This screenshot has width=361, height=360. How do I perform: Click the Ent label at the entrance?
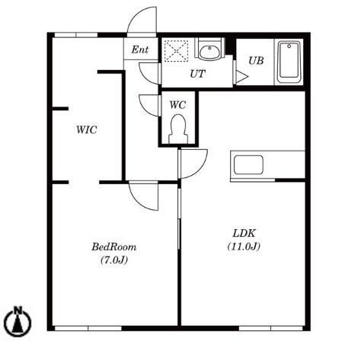pos(140,49)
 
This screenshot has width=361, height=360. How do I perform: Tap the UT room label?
pos(198,74)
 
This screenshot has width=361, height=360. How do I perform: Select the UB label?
pos(256,61)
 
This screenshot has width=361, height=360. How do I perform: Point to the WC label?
pos(177,105)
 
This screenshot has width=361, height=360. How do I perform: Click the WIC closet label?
pos(87,129)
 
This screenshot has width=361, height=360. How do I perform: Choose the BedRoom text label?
pos(114,247)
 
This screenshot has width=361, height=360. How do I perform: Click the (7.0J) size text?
pos(114,260)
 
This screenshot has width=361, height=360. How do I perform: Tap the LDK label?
pos(244,233)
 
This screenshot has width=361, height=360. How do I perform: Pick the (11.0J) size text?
pos(244,247)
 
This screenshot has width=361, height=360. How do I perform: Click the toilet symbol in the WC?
pos(178,129)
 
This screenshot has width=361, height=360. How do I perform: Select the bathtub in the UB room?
pos(289,62)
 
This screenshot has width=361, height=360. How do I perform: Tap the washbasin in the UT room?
pos(209,52)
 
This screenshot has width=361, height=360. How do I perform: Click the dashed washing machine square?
pos(176,51)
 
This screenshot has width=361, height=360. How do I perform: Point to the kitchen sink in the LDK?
pos(248,165)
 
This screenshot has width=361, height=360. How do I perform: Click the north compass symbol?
pos(18,321)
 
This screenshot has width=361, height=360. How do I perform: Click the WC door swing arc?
pos(145,109)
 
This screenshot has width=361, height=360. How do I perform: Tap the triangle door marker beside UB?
pos(242,76)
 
